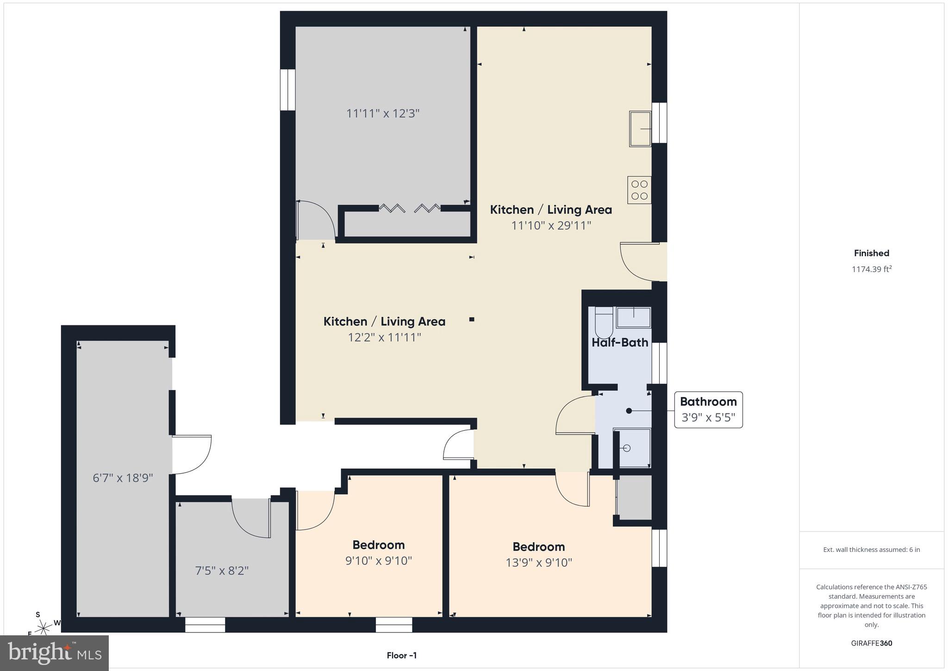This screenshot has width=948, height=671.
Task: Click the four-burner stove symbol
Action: pos(639,190)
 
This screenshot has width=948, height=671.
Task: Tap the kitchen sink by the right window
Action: pos(640,129)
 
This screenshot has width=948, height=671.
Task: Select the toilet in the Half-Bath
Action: pos(604,323)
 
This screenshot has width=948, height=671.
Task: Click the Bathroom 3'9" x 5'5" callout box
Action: pos(708,410)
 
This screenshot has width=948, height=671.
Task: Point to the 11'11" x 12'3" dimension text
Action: pos(383,114)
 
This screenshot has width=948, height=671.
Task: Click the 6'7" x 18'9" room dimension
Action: pos(123,478)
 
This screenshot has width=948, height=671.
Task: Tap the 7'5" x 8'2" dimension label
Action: pos(222,570)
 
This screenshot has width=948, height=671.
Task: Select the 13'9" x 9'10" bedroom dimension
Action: pos(539,563)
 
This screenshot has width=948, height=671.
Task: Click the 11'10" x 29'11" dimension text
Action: pos(551,226)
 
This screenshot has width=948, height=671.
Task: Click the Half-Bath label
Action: pos(620,342)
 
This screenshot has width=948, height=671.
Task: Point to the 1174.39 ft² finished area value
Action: pos(872,269)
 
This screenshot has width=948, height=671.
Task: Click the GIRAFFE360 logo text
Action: pos(872,643)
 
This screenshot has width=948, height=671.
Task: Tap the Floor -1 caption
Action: pos(402,655)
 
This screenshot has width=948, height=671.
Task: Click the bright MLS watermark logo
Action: pos(55,652)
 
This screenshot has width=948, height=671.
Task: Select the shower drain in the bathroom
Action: pos(627,448)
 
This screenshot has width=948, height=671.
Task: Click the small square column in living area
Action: pos(472,319)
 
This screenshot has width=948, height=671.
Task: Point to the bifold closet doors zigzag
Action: pos(410,209)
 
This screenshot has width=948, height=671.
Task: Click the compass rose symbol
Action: pos(44,627)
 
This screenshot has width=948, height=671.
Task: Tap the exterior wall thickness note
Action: pos(872,550)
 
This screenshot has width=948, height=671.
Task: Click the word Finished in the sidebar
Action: pos(872,253)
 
